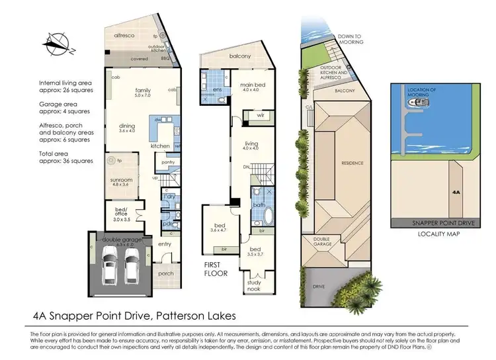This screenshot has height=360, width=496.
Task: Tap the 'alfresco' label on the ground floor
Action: pos(124,35)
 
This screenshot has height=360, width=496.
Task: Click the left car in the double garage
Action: pos(111,268)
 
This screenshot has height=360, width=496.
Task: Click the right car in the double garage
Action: pos(131,268)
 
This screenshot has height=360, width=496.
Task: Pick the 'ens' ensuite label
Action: pos(217,89)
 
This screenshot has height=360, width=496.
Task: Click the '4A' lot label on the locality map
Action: pos(456,191)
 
